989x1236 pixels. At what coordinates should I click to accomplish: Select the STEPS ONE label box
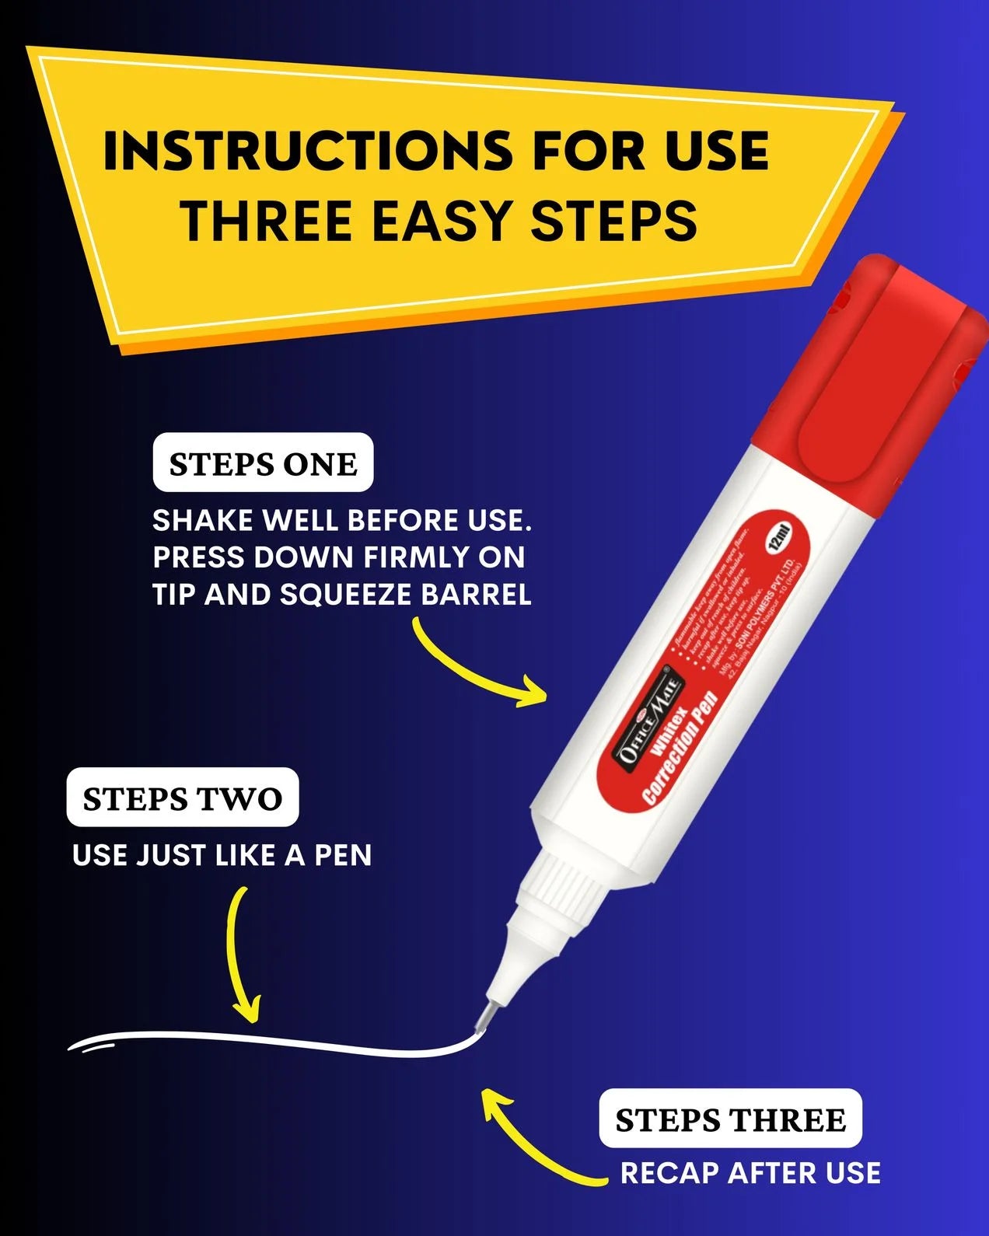tap(263, 463)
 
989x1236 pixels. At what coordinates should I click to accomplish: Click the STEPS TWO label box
tap(183, 798)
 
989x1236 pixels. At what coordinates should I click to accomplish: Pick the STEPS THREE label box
tap(730, 1119)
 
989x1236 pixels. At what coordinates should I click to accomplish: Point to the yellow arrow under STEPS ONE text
tap(474, 669)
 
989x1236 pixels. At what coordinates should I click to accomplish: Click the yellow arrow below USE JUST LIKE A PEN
tap(241, 956)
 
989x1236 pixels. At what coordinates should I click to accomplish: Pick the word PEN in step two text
tap(343, 855)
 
